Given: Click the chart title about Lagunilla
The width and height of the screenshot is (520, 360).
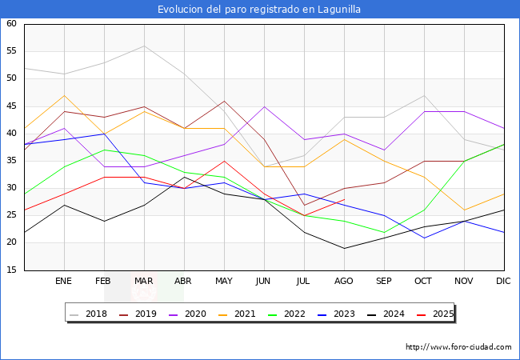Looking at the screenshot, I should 259,10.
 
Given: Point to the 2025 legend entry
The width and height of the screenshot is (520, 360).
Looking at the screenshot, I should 437,314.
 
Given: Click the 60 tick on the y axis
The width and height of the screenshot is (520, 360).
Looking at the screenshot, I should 12,24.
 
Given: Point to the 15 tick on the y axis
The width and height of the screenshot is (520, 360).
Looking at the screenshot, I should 12,270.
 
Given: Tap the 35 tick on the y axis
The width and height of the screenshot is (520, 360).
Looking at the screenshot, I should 12,161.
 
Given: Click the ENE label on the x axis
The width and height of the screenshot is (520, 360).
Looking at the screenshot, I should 64,282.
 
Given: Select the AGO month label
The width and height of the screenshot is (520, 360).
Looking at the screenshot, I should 344,282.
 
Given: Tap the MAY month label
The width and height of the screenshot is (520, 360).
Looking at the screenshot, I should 224,282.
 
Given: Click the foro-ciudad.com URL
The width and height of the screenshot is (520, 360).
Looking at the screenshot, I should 458,347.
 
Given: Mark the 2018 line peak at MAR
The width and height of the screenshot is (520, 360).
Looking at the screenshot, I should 144,46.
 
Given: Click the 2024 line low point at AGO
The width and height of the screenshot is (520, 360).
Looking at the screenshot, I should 344,248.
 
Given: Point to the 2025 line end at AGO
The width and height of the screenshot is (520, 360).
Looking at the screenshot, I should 344,199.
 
